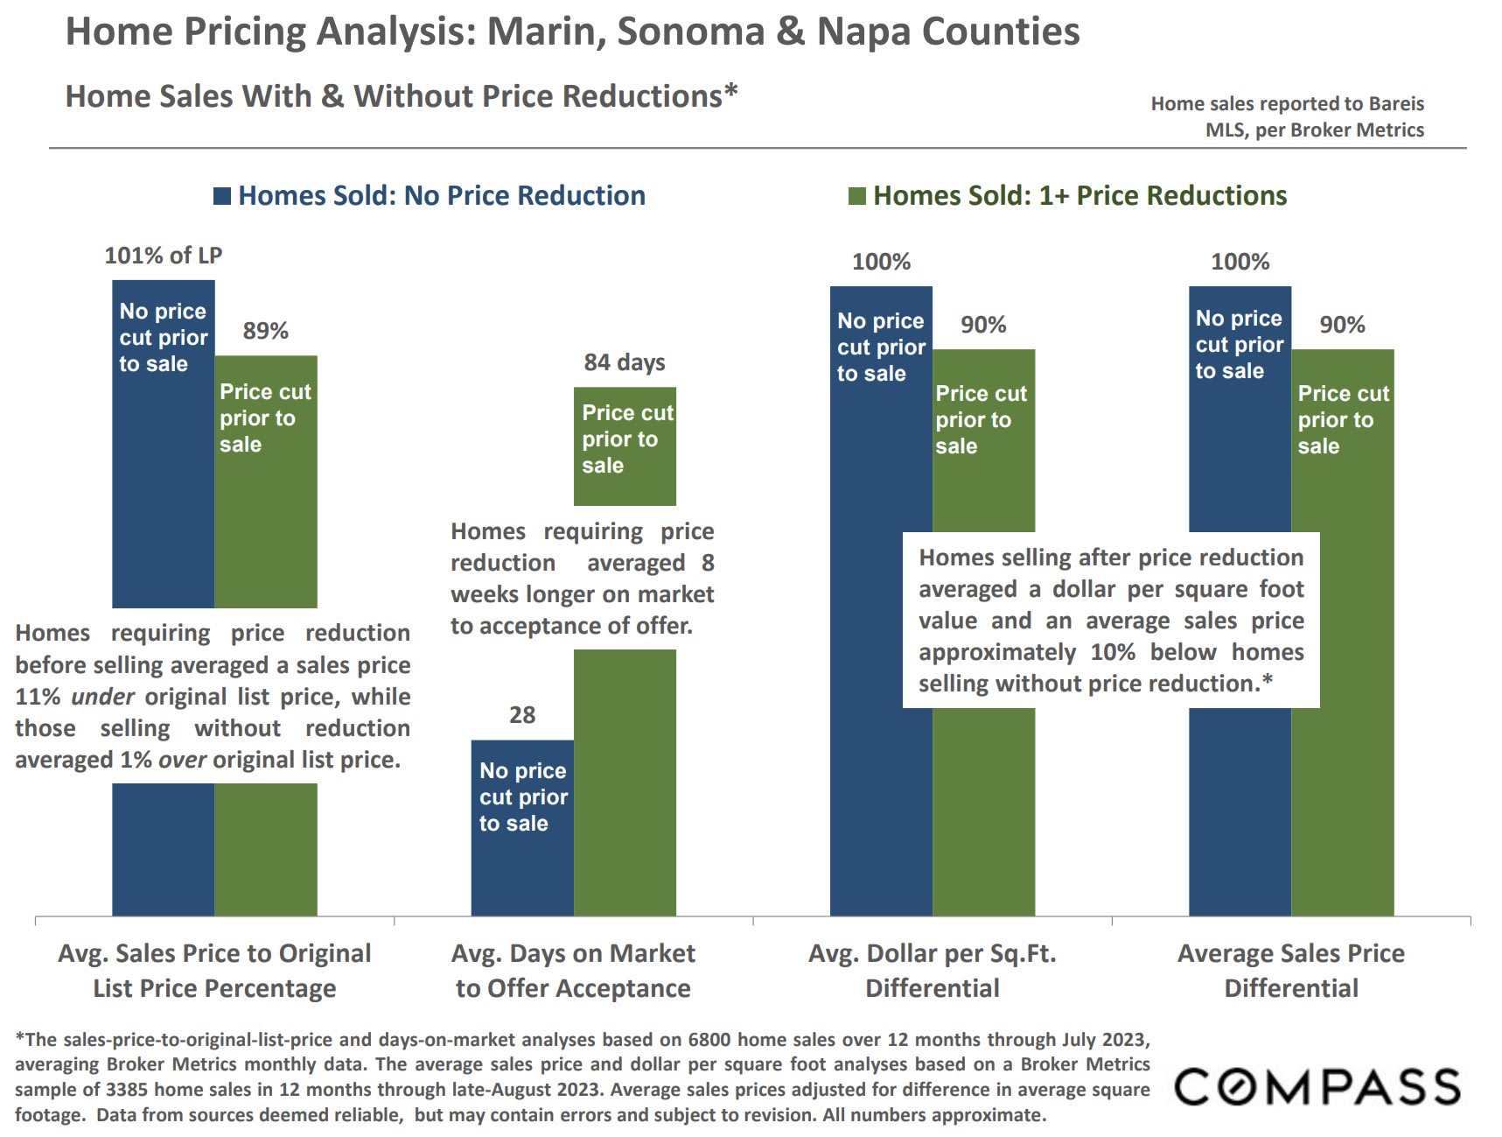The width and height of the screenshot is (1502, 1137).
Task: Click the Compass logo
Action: pyautogui.click(x=1317, y=1087)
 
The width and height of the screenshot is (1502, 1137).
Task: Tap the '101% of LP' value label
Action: pyautogui.click(x=164, y=256)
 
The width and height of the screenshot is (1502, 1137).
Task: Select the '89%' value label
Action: pyautogui.click(x=266, y=331)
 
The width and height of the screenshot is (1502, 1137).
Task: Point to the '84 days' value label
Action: pyautogui.click(x=625, y=362)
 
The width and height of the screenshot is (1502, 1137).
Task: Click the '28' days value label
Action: pyautogui.click(x=522, y=715)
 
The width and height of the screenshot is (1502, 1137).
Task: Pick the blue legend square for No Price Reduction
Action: pyautogui.click(x=222, y=196)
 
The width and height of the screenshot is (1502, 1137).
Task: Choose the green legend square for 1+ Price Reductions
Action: pyautogui.click(x=857, y=196)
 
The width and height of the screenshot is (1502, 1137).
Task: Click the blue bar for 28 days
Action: pyautogui.click(x=522, y=867)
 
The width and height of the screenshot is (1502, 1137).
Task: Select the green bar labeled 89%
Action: pyautogui.click(x=266, y=525)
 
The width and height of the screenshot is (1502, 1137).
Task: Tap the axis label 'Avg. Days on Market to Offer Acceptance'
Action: pyautogui.click(x=573, y=971)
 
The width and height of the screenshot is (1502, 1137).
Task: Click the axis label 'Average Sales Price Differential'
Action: pyautogui.click(x=1291, y=971)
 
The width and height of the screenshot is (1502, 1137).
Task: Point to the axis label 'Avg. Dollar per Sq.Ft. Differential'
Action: pyautogui.click(x=933, y=971)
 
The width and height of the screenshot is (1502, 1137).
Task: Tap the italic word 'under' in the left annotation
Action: pyautogui.click(x=102, y=697)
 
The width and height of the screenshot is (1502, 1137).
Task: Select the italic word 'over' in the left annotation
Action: pyautogui.click(x=182, y=760)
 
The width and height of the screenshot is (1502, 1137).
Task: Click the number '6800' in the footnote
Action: pyautogui.click(x=710, y=1040)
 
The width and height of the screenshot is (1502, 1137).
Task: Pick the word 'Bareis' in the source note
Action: pyautogui.click(x=1396, y=104)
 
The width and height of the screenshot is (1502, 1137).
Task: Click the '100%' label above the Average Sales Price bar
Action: pyautogui.click(x=1240, y=262)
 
